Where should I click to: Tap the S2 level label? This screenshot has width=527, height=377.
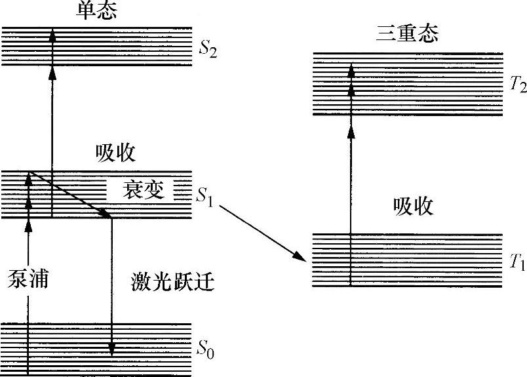(x=208, y=49)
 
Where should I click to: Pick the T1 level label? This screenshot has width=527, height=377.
(x=518, y=263)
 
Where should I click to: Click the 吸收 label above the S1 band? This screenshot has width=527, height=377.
(x=115, y=153)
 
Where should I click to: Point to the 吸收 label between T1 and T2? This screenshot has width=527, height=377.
(x=413, y=207)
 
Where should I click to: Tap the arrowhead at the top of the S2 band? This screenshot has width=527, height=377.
(x=52, y=36)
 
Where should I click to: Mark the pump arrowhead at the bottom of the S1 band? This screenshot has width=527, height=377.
(x=28, y=224)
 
